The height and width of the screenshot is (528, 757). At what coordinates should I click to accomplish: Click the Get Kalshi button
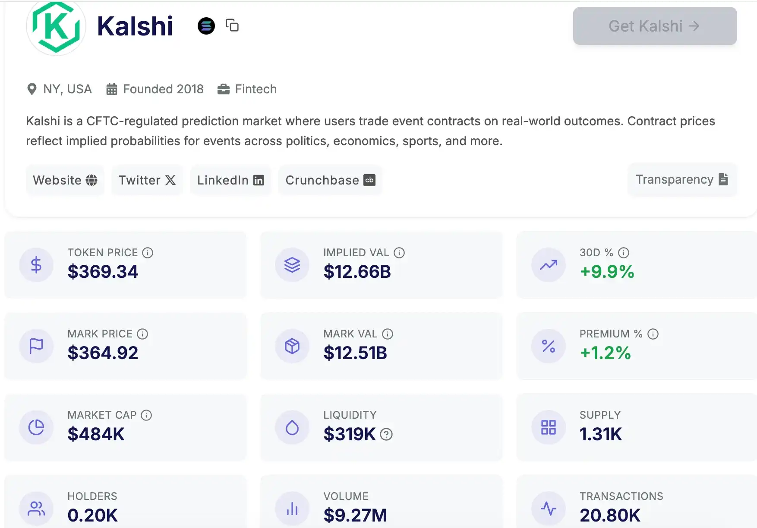point(654,26)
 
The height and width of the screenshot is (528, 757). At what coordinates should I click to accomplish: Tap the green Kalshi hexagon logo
point(56,27)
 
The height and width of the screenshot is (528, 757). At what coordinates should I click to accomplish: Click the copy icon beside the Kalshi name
point(232,25)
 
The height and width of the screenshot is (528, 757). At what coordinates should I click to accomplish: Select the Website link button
point(65,180)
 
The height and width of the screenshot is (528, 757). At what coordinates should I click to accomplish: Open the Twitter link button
point(147,180)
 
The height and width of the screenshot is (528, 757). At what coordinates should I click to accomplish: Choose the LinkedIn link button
point(230,180)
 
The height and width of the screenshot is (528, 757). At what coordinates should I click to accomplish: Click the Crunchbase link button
point(330,180)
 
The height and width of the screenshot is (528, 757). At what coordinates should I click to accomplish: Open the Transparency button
point(682,179)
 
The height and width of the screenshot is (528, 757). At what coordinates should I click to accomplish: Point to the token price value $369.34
point(103,272)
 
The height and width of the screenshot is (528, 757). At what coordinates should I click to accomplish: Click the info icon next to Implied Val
point(399,253)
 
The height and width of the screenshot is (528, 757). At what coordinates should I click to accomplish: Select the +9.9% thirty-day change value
point(607,272)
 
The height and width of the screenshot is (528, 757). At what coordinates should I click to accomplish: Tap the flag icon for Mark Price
point(36,346)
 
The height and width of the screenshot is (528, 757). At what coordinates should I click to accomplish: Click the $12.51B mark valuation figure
point(355,353)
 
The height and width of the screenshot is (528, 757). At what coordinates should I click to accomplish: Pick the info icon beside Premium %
point(653,334)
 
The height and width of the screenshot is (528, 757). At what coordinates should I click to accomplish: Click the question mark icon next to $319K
point(386,434)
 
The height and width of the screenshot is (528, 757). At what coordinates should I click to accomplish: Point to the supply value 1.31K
point(601,434)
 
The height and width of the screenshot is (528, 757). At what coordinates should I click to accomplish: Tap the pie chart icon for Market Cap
point(36,427)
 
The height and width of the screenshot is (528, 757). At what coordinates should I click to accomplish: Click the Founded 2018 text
point(163,89)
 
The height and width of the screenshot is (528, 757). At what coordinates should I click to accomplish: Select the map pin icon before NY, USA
point(32,89)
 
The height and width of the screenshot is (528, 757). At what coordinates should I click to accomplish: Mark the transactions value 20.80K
point(610,515)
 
